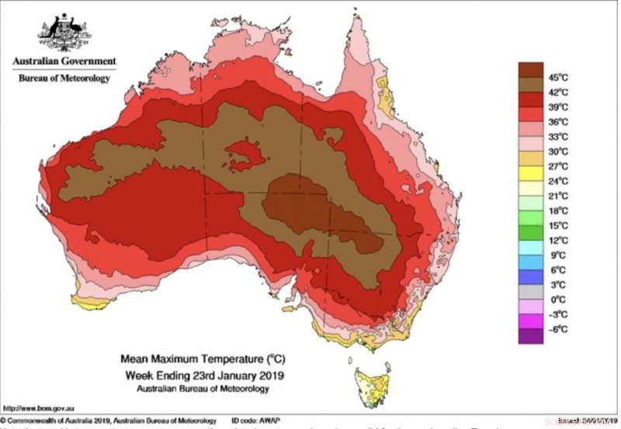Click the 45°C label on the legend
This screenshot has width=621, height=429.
tap(558, 77)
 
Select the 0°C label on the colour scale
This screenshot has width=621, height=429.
tap(557, 299)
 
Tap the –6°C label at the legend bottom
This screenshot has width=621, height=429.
tap(558, 329)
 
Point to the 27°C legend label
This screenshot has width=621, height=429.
tap(558, 166)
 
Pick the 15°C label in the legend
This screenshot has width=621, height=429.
tap(558, 225)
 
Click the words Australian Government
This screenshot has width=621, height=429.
tap(64, 61)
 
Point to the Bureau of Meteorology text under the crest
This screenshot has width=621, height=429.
tap(64, 78)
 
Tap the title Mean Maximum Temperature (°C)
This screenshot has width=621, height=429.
tap(199, 360)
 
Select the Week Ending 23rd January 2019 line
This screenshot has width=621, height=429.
tap(199, 375)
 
